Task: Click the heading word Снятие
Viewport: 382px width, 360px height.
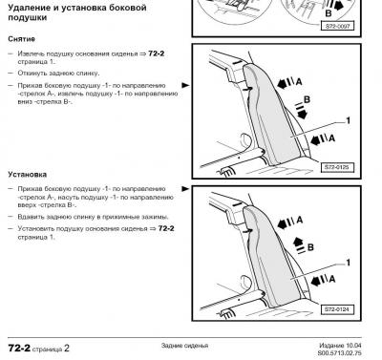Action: (x=21, y=39)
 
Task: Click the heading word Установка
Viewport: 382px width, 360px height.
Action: (x=28, y=175)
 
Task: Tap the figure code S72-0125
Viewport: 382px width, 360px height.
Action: (x=337, y=167)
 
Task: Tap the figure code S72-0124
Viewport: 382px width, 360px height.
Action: (x=337, y=309)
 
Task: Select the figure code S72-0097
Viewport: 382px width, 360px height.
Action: (x=337, y=26)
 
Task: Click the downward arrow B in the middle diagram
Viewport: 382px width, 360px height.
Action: (x=301, y=111)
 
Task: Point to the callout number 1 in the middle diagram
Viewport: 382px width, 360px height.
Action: (x=349, y=120)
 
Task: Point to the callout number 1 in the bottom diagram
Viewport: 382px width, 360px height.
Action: (x=349, y=263)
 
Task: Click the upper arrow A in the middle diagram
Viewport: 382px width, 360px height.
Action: (x=286, y=83)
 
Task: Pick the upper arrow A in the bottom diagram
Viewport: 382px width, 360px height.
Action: (x=286, y=223)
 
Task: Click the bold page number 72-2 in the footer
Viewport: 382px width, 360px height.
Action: (x=19, y=349)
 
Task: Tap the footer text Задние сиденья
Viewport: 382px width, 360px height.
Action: (x=184, y=346)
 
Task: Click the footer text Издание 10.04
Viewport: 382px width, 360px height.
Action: (x=340, y=346)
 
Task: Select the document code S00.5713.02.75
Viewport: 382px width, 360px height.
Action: (x=339, y=353)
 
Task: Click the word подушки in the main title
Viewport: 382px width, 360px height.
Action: (x=28, y=17)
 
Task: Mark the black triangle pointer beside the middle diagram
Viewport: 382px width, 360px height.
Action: (x=185, y=85)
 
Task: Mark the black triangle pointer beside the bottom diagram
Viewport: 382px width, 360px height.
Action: (x=185, y=189)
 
